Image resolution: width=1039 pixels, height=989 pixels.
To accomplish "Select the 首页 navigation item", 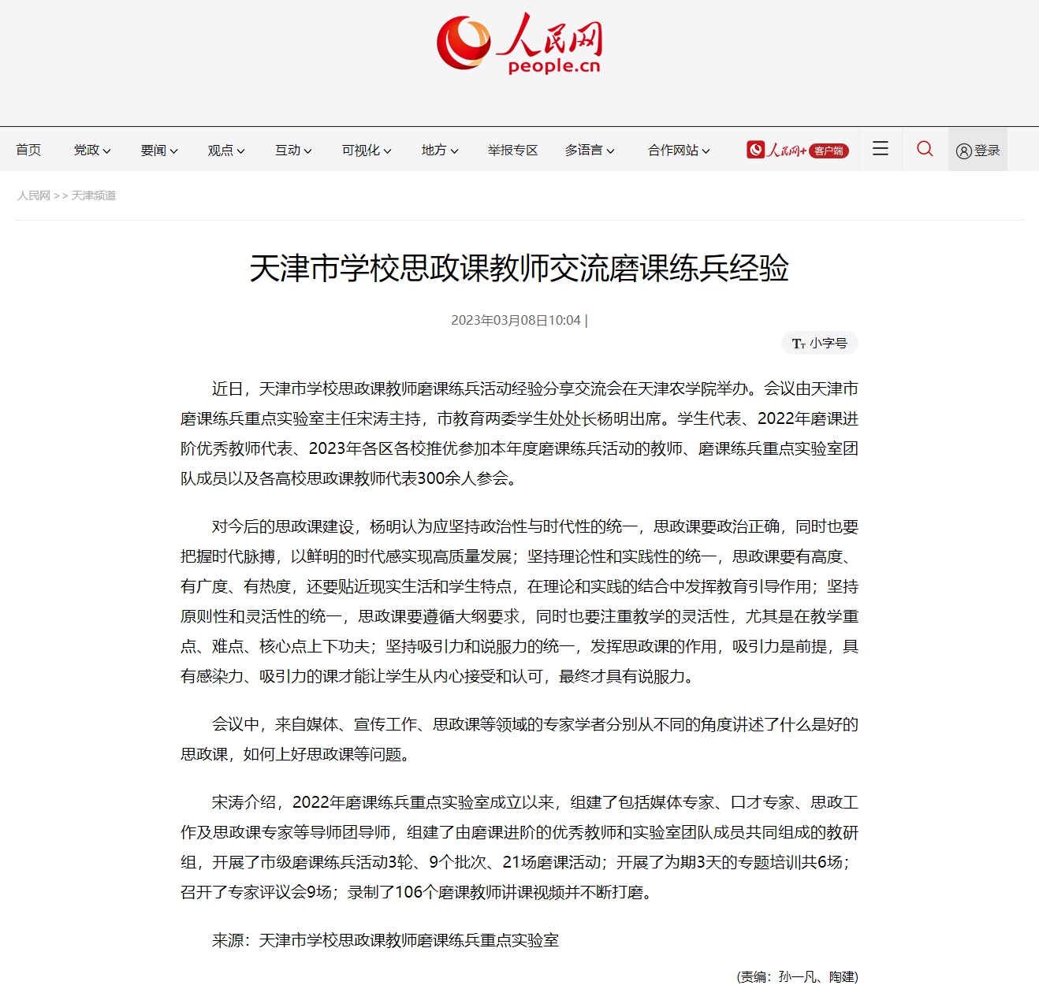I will coord(28,150).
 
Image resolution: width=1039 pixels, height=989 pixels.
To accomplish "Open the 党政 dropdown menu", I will coord(92,150).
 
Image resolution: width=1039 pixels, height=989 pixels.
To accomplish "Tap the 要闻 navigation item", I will coord(159,150).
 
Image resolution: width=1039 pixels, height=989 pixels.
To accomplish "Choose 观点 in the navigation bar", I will coord(226,150).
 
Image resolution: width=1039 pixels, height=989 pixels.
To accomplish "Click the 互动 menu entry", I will coord(293,150).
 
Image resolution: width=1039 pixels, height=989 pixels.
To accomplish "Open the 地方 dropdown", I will coord(439,150).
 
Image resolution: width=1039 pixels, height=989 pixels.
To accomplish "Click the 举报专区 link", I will coord(512,150).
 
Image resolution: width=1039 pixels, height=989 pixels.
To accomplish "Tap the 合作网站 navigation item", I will coord(679,150).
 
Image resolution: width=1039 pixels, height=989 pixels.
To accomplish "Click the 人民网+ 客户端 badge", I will coord(797,150).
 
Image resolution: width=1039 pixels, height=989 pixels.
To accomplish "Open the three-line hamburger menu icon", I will coord(881,148).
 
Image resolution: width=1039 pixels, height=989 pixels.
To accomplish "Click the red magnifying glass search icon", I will coord(925,148).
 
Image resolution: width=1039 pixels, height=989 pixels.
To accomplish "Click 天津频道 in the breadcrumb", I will coord(94,195).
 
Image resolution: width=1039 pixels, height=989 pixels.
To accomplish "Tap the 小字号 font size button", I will coord(820,344).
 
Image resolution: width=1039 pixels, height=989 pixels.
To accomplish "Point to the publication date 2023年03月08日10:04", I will coord(516,320).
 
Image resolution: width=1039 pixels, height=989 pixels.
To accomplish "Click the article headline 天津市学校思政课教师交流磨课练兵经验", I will coord(519,268).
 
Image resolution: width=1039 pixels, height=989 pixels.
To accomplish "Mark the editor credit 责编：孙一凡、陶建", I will coord(797,976).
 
